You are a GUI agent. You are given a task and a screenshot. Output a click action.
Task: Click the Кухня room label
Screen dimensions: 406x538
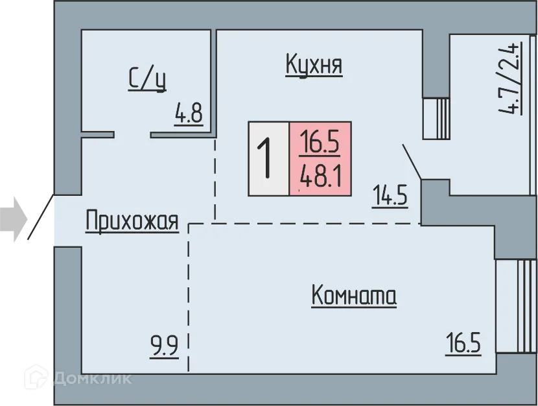[314, 66]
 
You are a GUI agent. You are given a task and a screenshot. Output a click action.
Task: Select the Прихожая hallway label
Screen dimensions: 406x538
[132, 222]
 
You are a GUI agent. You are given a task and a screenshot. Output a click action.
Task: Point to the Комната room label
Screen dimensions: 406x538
[354, 296]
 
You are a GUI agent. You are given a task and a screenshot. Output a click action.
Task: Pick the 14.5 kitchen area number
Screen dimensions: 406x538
[390, 195]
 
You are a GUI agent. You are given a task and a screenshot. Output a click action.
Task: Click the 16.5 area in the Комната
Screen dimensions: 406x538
[463, 343]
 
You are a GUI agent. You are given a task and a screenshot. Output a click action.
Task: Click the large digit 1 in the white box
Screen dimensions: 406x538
[265, 160]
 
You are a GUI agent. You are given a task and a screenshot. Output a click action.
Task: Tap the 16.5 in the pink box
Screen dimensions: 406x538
[320, 142]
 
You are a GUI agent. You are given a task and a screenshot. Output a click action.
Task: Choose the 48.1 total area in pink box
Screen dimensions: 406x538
[320, 176]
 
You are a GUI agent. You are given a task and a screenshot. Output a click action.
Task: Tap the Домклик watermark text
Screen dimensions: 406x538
[93, 377]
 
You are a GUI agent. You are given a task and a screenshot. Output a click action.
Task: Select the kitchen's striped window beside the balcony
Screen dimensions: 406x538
[436, 118]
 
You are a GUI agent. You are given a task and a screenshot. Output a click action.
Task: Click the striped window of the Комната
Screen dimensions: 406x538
[516, 305]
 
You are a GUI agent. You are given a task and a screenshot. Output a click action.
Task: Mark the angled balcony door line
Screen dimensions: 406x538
[412, 161]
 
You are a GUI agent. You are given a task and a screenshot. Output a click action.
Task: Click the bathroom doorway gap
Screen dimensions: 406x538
[132, 135]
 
